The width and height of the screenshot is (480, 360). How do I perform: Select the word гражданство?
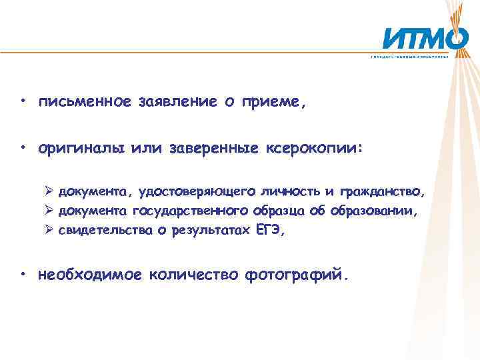click(x=381, y=193)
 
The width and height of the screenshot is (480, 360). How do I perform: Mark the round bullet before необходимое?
click(x=23, y=274)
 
